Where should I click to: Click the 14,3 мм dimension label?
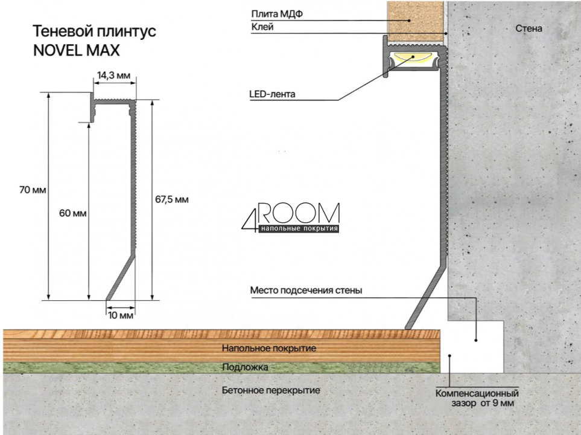(x=114, y=76)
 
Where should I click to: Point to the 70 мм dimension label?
(x=33, y=190)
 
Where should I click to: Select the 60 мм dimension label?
(x=73, y=213)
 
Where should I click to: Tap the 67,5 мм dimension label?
(x=171, y=200)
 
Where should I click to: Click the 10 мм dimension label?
(x=121, y=315)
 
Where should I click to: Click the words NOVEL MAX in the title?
(x=77, y=51)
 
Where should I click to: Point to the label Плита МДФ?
(x=277, y=14)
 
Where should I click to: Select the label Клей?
(x=262, y=27)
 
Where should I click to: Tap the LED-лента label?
(x=272, y=94)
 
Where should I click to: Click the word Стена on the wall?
(x=529, y=28)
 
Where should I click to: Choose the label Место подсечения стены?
(x=306, y=290)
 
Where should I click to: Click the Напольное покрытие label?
(x=269, y=348)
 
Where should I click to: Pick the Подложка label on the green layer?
(x=245, y=367)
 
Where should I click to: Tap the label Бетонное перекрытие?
(x=271, y=390)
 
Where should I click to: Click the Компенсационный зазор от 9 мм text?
(x=477, y=398)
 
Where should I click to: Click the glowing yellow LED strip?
(x=413, y=58)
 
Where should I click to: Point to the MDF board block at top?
(x=415, y=21)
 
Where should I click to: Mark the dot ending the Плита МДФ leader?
(x=409, y=21)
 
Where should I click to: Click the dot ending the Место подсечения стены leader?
(x=476, y=340)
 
